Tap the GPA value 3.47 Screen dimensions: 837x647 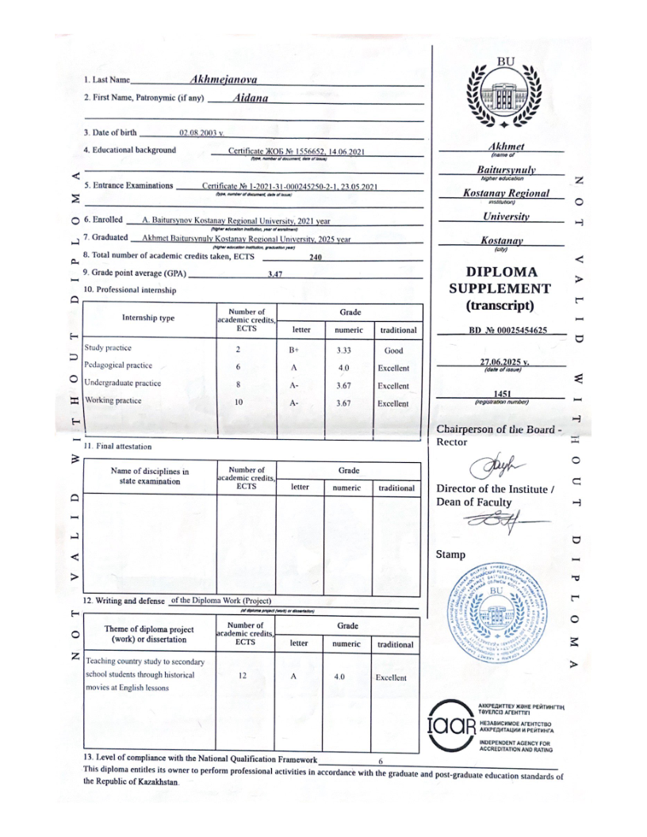tap(276, 273)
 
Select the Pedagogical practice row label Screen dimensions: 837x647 tap(118, 366)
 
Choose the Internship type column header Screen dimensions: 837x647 tap(149, 318)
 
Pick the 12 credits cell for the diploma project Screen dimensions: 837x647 tap(246, 677)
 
